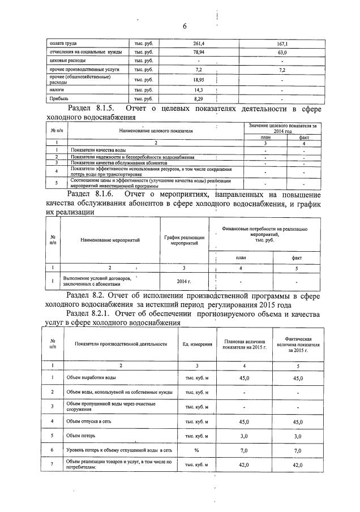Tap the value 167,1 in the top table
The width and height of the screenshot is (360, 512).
click(282, 43)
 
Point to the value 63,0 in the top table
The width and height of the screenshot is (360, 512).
click(282, 52)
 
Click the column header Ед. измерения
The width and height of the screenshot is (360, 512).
click(198, 344)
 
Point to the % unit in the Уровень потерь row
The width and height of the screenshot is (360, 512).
click(197, 450)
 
